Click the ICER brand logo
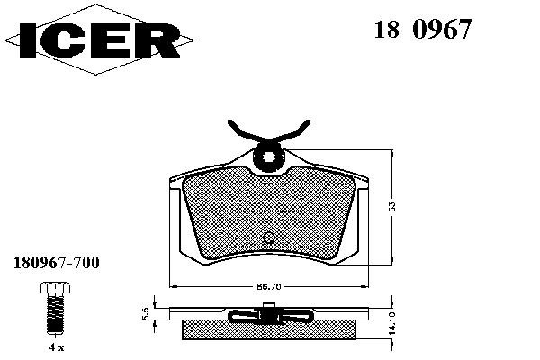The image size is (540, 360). (x=99, y=40)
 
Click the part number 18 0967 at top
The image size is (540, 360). (x=423, y=30)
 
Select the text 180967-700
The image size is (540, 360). (x=57, y=263)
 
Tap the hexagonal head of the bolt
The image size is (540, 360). (x=55, y=287)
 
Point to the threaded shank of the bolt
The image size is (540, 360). (x=55, y=313)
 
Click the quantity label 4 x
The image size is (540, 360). (x=57, y=347)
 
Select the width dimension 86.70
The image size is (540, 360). (x=269, y=286)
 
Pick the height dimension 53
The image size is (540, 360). (x=391, y=207)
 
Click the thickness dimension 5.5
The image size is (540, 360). (x=146, y=314)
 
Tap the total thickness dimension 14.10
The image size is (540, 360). (x=391, y=323)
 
